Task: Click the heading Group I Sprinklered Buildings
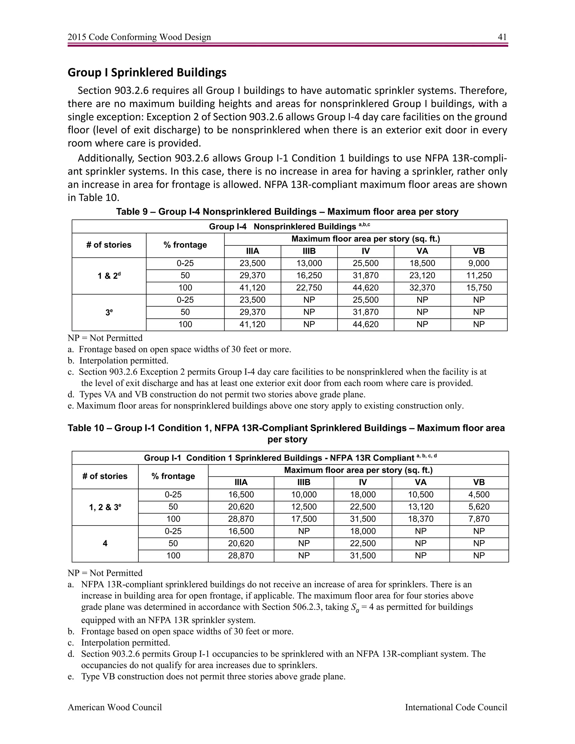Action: click(147, 72)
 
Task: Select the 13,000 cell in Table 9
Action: click(309, 263)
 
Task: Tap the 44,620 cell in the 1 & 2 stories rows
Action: click(366, 288)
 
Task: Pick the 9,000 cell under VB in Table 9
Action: click(479, 263)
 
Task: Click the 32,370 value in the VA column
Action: click(422, 288)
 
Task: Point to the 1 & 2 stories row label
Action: click(109, 276)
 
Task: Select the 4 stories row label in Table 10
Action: click(105, 543)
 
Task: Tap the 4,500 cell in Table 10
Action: click(479, 495)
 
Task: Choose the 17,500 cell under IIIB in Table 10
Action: click(304, 519)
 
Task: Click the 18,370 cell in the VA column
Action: click(421, 519)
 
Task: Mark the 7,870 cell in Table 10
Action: click(479, 519)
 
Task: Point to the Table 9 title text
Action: click(287, 212)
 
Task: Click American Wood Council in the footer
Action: click(115, 708)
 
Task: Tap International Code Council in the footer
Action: click(456, 708)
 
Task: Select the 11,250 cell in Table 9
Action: click(479, 276)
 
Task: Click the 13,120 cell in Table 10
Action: click(421, 507)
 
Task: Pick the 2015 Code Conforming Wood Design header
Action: click(139, 37)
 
